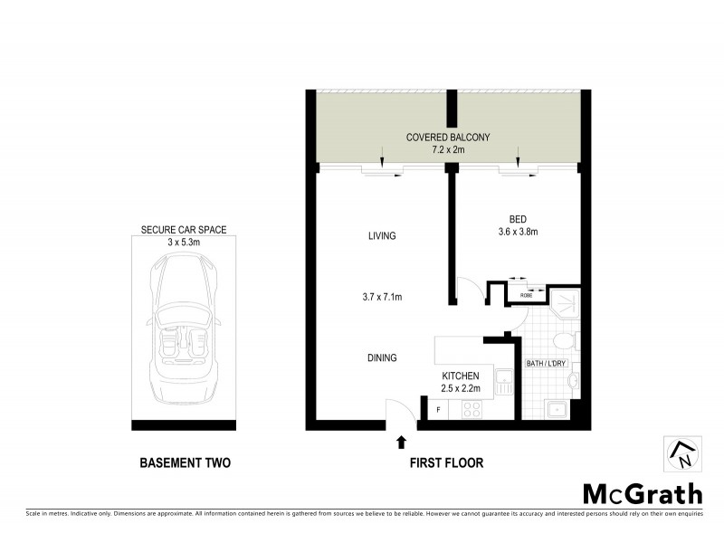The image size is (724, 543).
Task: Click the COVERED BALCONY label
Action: pyautogui.click(x=447, y=138)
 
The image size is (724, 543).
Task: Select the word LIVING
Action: pyautogui.click(x=382, y=236)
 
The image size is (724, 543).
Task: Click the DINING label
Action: pyautogui.click(x=382, y=357)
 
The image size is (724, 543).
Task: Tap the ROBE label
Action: pyautogui.click(x=526, y=293)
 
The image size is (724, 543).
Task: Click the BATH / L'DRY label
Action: pyautogui.click(x=546, y=364)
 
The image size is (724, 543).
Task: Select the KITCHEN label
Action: pyautogui.click(x=461, y=375)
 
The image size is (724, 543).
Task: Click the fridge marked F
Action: pyautogui.click(x=438, y=410)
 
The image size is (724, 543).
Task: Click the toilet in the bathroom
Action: pyautogui.click(x=563, y=341)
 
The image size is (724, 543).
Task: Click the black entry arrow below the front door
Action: pyautogui.click(x=401, y=443)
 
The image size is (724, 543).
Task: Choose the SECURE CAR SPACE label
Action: pyautogui.click(x=185, y=231)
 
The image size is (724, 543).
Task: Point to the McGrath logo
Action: pyautogui.click(x=642, y=494)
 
